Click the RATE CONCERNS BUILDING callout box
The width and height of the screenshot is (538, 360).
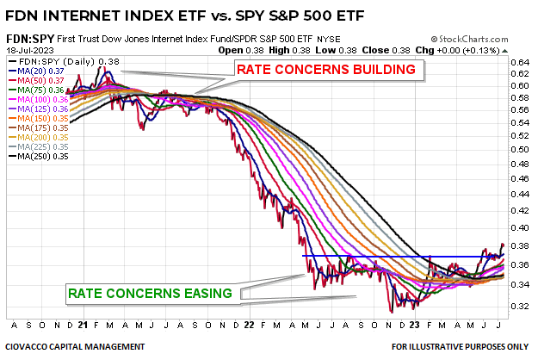[328, 69]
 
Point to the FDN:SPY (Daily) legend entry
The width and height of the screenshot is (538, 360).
[60, 61]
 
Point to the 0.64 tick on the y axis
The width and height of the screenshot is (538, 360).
[519, 61]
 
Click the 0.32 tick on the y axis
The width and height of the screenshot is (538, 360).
[519, 307]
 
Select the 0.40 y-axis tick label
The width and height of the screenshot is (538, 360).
[519, 229]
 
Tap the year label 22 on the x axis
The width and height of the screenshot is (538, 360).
[249, 326]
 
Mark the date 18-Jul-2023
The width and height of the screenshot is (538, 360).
[28, 50]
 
